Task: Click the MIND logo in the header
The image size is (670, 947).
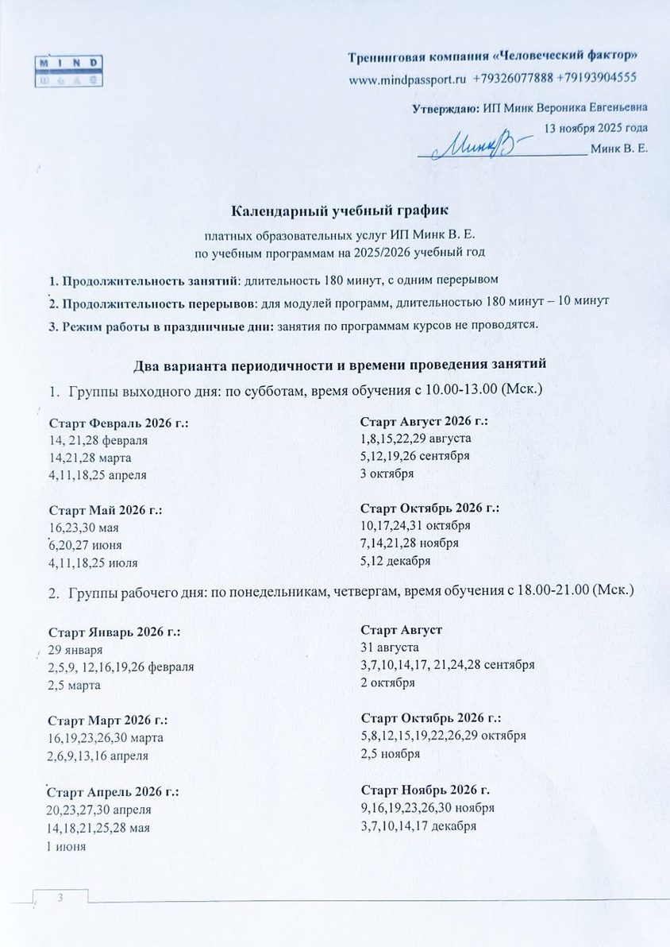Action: coord(70,70)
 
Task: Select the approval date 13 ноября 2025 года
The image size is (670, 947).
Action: coord(595,127)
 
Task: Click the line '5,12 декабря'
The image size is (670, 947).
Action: coord(395,561)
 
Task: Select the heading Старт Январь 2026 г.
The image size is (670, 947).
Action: coord(114,632)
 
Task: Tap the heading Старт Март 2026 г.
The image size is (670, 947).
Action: coord(108,721)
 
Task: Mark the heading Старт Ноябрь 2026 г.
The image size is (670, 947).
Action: coord(425,790)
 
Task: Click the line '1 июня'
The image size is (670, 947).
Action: coord(67,845)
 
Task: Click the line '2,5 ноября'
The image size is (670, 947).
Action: coord(390,753)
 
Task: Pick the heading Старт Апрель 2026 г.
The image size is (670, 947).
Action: coord(114,792)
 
